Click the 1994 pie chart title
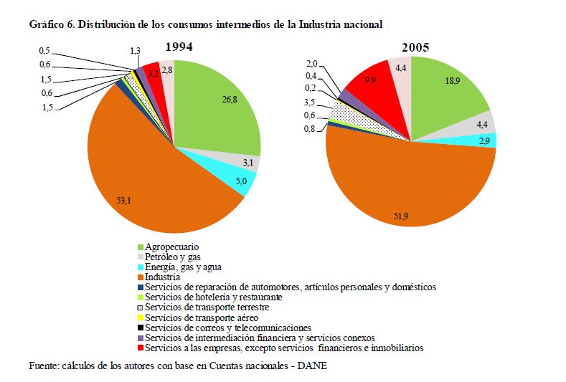click(x=179, y=47)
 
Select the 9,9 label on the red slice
click(x=371, y=80)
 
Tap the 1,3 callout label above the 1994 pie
click(x=136, y=51)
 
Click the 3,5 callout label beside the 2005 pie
click(x=311, y=103)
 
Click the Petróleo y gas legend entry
click(x=173, y=257)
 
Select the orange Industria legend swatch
click(x=139, y=277)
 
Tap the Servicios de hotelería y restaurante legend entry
click(x=212, y=297)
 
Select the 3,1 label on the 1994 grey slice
click(x=249, y=164)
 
